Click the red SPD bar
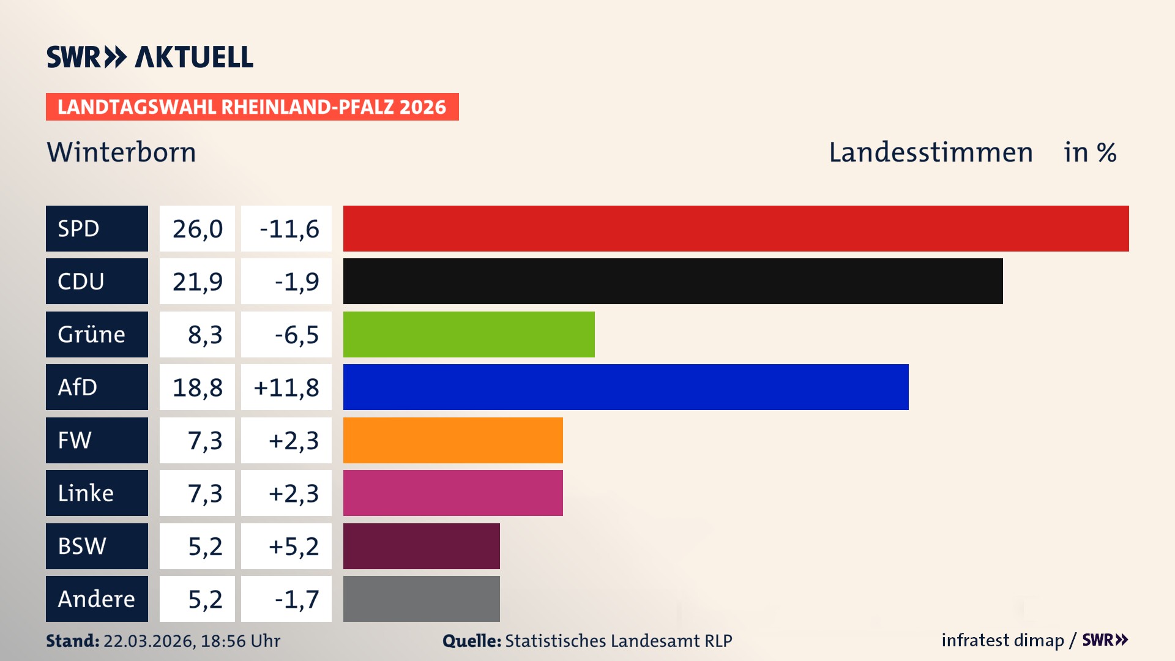coord(736,228)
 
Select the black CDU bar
coord(673,281)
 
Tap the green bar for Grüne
coord(469,334)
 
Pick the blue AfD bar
coord(625,387)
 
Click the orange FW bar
coord(453,440)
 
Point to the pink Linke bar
coord(453,493)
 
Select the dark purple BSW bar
coord(421,546)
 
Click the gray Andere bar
coord(421,599)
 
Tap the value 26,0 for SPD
coord(197,229)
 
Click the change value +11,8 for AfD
coord(286,387)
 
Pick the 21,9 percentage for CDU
coord(197,282)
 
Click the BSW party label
coord(82,546)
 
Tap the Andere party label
coord(96,599)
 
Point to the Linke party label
coord(86,493)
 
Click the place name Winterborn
coord(121,152)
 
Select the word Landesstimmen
coord(930,152)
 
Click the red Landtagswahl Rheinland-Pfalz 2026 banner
coord(252,106)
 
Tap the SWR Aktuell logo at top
coord(149,57)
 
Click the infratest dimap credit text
coord(1002,640)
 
